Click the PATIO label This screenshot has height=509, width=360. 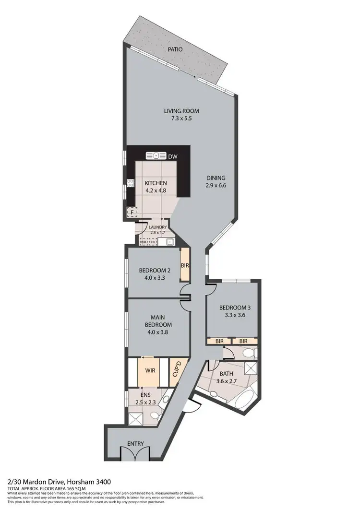click(x=175, y=49)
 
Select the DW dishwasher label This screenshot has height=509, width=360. click(x=172, y=156)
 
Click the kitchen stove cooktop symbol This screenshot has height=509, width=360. click(x=130, y=183)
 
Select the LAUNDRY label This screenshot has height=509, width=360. click(x=157, y=227)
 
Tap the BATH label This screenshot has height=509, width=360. click(x=226, y=374)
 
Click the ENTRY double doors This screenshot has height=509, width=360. click(x=130, y=453)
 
